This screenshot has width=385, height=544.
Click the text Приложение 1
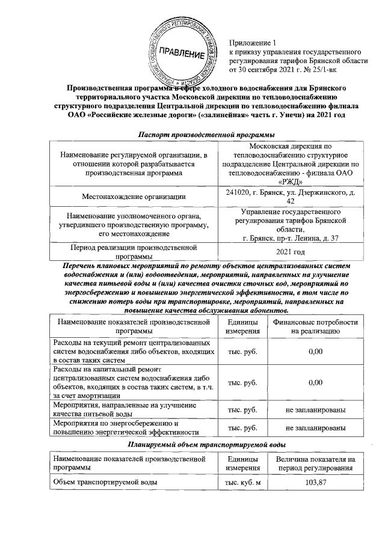(251, 43)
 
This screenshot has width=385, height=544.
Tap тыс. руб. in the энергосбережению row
(242, 427)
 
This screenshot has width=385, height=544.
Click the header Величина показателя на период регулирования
(315, 464)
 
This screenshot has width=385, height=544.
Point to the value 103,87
(315, 483)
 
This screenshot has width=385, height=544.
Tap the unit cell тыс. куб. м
(242, 483)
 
